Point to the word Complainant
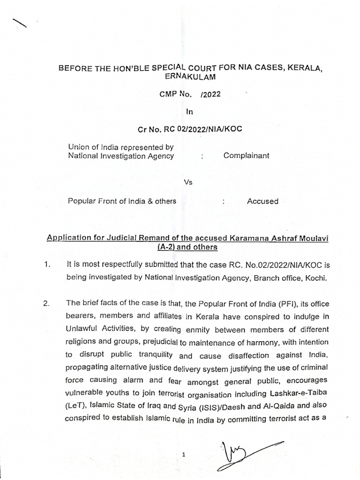click(246, 156)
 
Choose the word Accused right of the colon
click(262, 201)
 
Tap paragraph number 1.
click(46, 265)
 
